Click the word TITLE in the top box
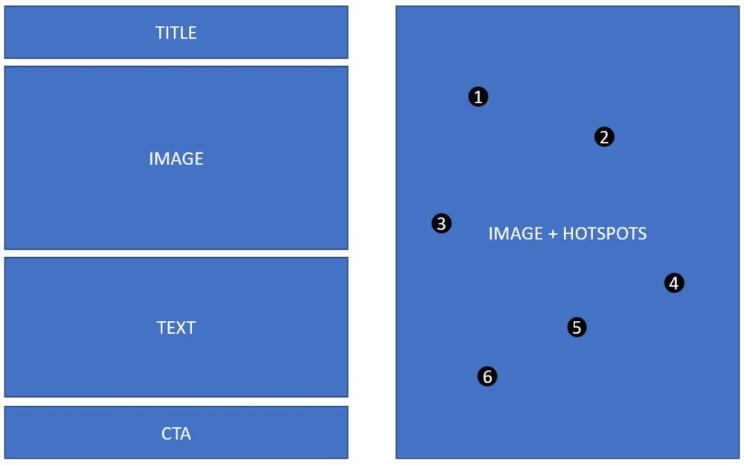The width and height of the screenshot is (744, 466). pos(176,33)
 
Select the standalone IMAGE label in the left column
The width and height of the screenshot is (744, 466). pos(176,159)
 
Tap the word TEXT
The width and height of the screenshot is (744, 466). pos(176,328)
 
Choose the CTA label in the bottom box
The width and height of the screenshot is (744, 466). pos(176,434)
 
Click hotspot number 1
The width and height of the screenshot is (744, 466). pos(478,97)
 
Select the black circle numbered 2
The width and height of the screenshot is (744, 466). pos(604,137)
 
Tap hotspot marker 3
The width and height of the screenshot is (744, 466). pos(441,223)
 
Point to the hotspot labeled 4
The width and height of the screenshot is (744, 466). pos(674,283)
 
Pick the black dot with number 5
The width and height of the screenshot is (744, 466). pos(577,327)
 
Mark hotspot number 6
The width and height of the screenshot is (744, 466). pos(487,376)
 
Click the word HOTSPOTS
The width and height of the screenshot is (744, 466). pos(604,233)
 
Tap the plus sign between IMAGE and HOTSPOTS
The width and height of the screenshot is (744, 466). pos(552,234)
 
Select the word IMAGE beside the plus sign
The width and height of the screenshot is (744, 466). pos(516,233)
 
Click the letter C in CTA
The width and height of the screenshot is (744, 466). pos(166,434)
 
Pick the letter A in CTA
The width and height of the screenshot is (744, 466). pos(185,434)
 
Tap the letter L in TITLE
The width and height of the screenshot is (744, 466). pos(184,33)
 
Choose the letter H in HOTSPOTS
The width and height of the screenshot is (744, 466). pos(568,233)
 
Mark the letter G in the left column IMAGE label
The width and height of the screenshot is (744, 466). pos(188,159)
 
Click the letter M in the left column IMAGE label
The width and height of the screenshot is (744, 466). pos(161,159)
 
